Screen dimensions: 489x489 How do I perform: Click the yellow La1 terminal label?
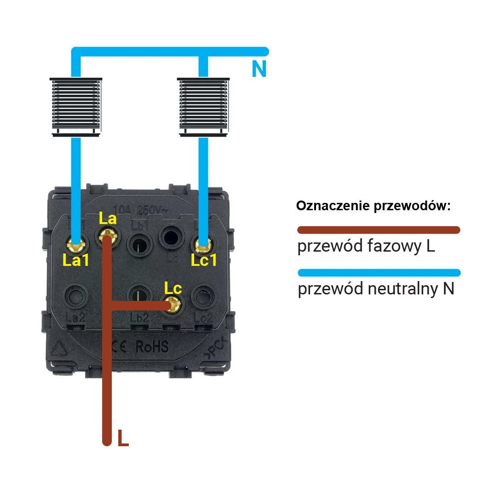point(75,261)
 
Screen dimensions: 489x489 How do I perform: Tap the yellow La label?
point(107,219)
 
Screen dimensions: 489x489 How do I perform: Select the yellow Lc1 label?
point(204,261)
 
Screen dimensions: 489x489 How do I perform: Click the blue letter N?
point(259,69)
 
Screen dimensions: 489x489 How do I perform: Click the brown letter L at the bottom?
point(122,438)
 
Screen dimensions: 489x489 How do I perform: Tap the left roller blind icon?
point(76,106)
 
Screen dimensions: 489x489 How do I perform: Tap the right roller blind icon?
point(203,106)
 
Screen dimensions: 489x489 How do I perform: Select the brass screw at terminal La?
point(107,237)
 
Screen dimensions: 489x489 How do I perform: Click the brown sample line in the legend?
point(378,230)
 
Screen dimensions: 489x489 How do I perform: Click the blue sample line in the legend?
point(378,272)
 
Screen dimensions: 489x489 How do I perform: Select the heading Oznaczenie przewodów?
point(373,206)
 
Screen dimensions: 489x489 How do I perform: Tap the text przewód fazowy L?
point(366,247)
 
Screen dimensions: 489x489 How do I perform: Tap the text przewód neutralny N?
point(376,289)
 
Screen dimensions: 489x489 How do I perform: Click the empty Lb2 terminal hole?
point(138,295)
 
